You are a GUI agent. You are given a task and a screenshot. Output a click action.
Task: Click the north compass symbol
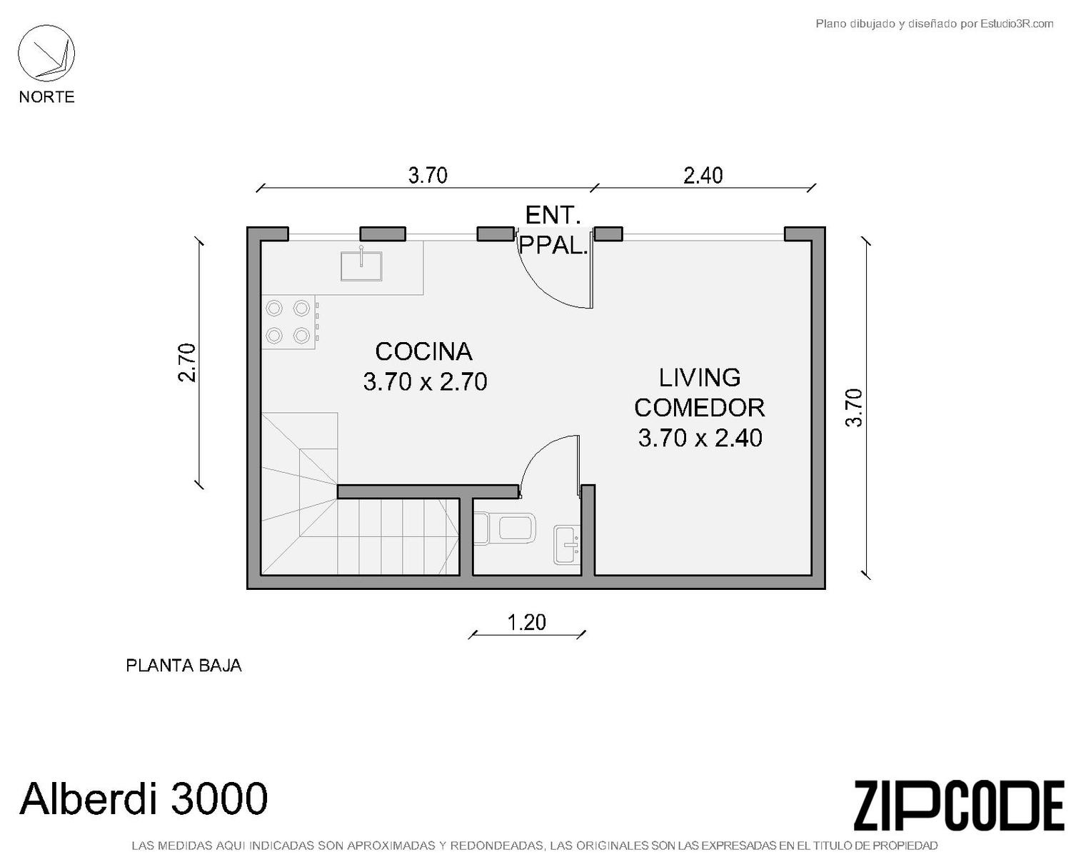pos(46,54)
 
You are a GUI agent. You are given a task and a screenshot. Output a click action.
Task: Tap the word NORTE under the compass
pos(47,96)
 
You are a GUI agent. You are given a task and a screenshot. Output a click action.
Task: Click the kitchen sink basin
pos(361,266)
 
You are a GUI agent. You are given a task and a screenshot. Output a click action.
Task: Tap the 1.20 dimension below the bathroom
pos(526,623)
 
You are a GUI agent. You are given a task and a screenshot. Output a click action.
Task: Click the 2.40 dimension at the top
pos(703,176)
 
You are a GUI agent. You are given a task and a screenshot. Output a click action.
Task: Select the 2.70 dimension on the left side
pos(188,363)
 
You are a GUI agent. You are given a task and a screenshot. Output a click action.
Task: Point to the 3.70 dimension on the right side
pos(853,407)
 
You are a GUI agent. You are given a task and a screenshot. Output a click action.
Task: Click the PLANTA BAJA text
pos(183,666)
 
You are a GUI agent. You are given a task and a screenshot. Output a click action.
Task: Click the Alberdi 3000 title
pos(144,798)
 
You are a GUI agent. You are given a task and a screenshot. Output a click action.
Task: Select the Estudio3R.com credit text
pos(935,24)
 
